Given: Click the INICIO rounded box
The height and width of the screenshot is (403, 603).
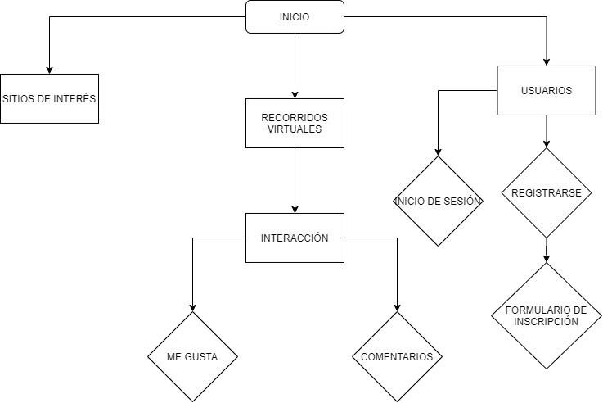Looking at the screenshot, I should pos(295,17).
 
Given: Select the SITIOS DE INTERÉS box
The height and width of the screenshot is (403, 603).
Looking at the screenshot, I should pos(49,98).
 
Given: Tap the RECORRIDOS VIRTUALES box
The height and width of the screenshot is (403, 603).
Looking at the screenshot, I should pos(295,123).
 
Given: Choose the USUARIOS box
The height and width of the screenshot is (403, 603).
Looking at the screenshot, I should pos(547,90).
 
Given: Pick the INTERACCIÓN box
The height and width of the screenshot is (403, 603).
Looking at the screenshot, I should pos(295,238).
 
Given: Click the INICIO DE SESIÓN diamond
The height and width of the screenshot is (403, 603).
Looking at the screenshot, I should pos(439,201).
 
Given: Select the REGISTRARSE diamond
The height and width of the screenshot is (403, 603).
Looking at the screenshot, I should pos(547,193).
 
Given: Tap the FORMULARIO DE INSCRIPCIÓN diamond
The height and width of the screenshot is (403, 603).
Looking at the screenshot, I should pos(547,315).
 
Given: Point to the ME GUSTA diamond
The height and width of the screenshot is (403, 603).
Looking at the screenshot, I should pos(193,357).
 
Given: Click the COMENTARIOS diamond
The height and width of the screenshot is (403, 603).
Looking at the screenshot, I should pos(397,357).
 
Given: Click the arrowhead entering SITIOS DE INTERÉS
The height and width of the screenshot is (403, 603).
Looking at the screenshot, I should pos(49,69).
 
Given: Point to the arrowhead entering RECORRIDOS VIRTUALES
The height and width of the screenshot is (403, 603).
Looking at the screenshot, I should pos(295,93).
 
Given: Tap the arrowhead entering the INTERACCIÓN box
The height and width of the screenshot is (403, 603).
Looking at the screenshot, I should pos(295,208).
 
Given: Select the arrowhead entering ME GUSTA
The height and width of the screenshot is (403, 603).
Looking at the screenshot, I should pos(193,306).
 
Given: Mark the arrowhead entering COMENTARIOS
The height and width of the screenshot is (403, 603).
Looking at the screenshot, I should pos(397,306).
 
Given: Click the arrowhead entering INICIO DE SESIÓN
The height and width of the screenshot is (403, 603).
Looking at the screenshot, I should pos(439,152).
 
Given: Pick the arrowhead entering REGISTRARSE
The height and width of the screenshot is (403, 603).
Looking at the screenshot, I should pos(547,143).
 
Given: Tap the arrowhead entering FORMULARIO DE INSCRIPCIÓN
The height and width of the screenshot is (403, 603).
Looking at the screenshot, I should pos(547,257).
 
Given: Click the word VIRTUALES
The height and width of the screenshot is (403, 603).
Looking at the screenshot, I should pos(295,129).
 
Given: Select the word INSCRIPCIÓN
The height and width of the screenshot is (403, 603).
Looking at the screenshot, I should pos(547,321).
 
